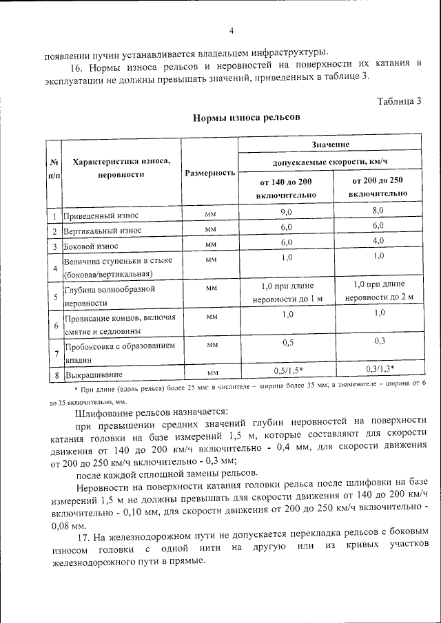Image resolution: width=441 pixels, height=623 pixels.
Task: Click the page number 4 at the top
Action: pos(231,31)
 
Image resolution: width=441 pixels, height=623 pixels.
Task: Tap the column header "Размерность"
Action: pos(210,172)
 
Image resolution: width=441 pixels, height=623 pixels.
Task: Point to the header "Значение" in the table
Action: pos(330,145)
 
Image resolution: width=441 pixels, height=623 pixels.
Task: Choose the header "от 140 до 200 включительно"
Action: pos(286,188)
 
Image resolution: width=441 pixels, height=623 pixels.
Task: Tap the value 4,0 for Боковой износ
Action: pos(378,242)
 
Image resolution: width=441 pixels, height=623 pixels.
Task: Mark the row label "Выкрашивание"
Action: pos(94,375)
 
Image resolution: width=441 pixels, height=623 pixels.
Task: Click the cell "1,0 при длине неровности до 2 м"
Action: pos(378,291)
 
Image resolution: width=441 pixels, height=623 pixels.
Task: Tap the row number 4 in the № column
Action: pos(54,268)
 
